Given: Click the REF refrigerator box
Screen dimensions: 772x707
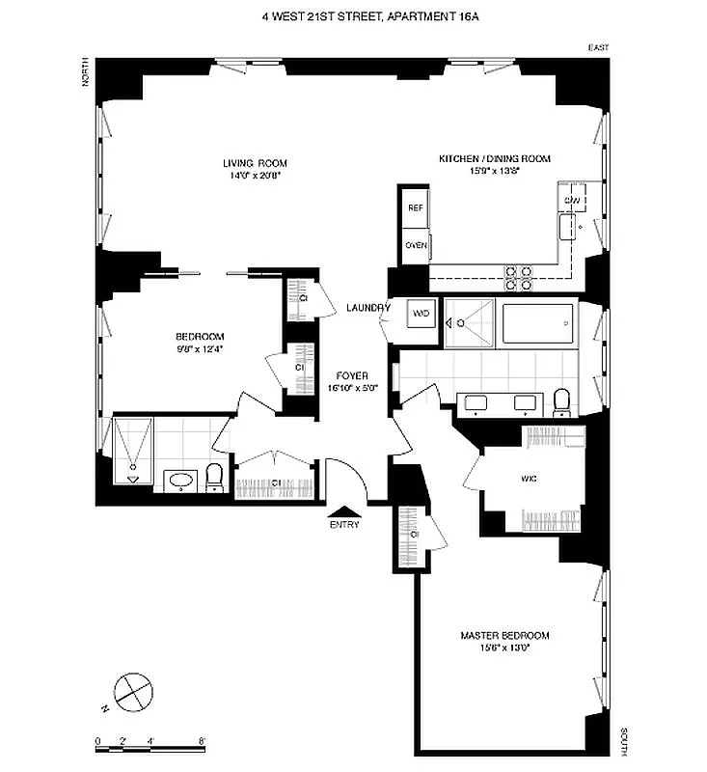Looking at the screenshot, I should coord(416,208).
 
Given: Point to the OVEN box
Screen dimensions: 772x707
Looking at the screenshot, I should coord(416,245).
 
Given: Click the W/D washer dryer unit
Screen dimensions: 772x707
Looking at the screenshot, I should coord(421,314).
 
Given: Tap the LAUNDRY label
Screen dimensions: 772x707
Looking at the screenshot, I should coord(367,308).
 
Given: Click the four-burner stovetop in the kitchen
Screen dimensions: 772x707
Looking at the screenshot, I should coord(520,278).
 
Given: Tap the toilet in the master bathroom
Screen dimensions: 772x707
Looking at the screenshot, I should coord(561,400).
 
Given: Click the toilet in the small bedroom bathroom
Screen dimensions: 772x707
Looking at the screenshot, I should coord(215,478).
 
